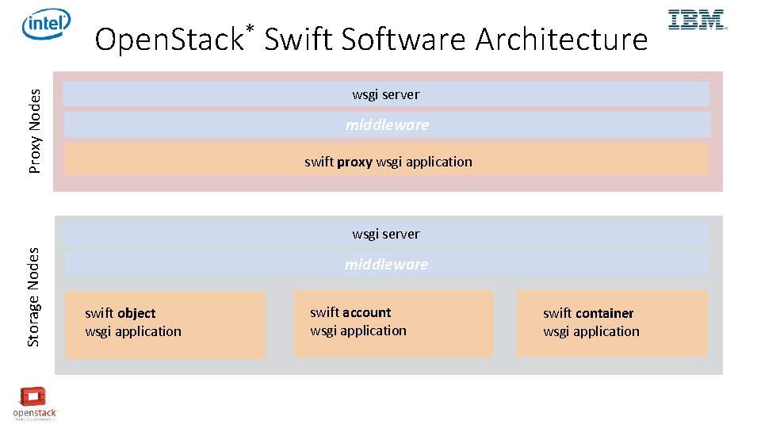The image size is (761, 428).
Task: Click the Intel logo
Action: pos(46,25)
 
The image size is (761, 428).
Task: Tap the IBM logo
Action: pos(697,20)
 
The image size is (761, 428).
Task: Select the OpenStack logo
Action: pos(34,403)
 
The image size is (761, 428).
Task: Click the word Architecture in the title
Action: pos(561,39)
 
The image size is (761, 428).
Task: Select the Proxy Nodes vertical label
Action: pos(35,130)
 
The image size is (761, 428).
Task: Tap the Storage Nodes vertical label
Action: pos(33,296)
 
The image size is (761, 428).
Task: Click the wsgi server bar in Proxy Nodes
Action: pos(386,94)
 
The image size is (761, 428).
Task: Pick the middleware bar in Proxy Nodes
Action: pos(387,124)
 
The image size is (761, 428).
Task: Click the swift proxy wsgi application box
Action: pos(387,160)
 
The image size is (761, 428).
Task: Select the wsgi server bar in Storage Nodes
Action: pos(386,234)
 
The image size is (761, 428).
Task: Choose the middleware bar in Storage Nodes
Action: pos(386,264)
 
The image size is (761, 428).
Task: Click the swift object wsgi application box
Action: pos(165,324)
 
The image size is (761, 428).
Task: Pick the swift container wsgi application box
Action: pos(611,323)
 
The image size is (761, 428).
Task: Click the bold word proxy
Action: pos(354,162)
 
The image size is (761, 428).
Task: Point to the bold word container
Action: pos(605,314)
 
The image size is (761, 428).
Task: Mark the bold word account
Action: pos(367,312)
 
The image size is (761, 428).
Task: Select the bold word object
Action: pos(136,314)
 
